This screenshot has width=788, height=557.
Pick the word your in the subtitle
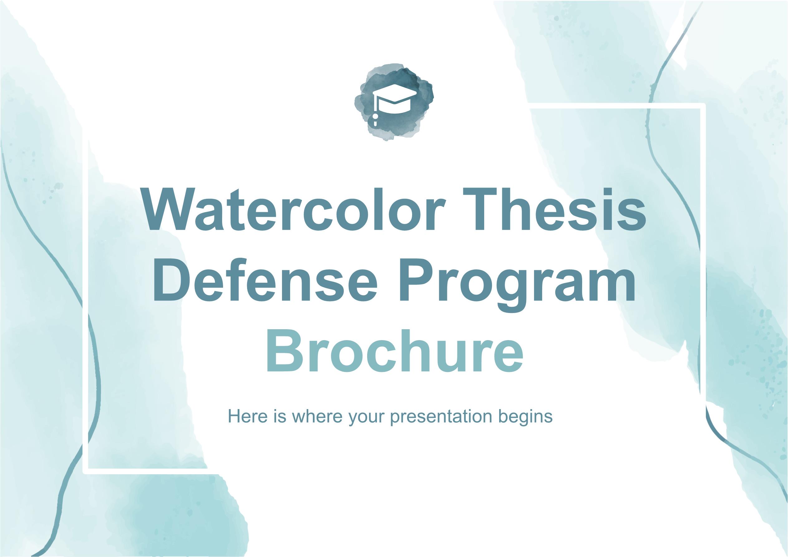(x=367, y=419)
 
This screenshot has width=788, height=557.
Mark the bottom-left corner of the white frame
(x=86, y=471)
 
